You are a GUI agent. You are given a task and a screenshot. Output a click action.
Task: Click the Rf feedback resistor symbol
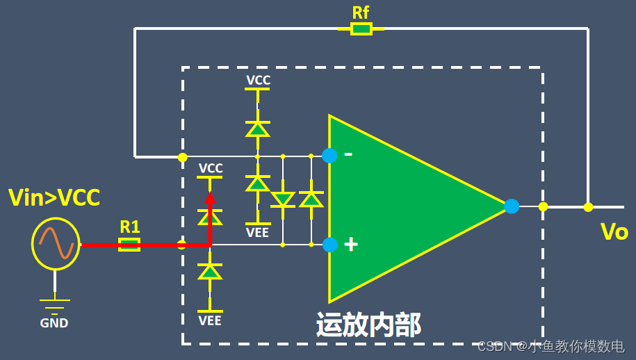pyautogui.click(x=361, y=28)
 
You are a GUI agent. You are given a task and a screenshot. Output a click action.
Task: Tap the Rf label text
pyautogui.click(x=361, y=12)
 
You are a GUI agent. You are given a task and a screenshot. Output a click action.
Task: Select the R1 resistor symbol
pyautogui.click(x=129, y=244)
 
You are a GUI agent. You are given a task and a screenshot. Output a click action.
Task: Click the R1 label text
pyautogui.click(x=130, y=227)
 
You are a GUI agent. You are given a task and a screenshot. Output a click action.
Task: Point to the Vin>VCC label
pyautogui.click(x=54, y=198)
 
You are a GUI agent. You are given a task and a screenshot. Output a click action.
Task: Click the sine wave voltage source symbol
pyautogui.click(x=56, y=244)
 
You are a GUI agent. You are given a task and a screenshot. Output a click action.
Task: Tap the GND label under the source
pyautogui.click(x=54, y=322)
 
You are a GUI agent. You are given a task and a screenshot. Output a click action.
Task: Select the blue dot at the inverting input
pyautogui.click(x=329, y=156)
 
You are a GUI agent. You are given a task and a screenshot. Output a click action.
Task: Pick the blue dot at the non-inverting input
pyautogui.click(x=330, y=245)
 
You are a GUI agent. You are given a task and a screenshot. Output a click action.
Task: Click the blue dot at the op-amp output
pyautogui.click(x=512, y=206)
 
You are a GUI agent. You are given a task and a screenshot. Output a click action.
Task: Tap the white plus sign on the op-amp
pyautogui.click(x=351, y=244)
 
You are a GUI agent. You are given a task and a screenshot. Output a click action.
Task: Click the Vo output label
pyautogui.click(x=614, y=232)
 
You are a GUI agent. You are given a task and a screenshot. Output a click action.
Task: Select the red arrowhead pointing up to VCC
pyautogui.click(x=209, y=199)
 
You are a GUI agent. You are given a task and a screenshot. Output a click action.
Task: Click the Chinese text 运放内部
pyautogui.click(x=368, y=325)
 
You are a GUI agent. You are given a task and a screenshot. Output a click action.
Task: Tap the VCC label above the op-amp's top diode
pyautogui.click(x=258, y=81)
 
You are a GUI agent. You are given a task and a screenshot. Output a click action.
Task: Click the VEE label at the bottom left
pyautogui.click(x=210, y=320)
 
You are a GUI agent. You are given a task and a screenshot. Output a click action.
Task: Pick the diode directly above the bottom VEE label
pyautogui.click(x=210, y=272)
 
